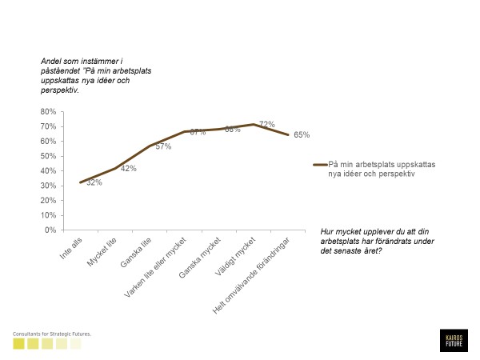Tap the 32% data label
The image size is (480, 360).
coord(94,183)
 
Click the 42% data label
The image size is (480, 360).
coord(128,169)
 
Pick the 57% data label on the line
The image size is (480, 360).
coord(163,146)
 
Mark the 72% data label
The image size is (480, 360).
coord(266,124)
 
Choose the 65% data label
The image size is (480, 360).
coord(301,134)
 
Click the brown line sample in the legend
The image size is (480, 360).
coord(320,165)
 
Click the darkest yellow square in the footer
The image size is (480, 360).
coord(18,344)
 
